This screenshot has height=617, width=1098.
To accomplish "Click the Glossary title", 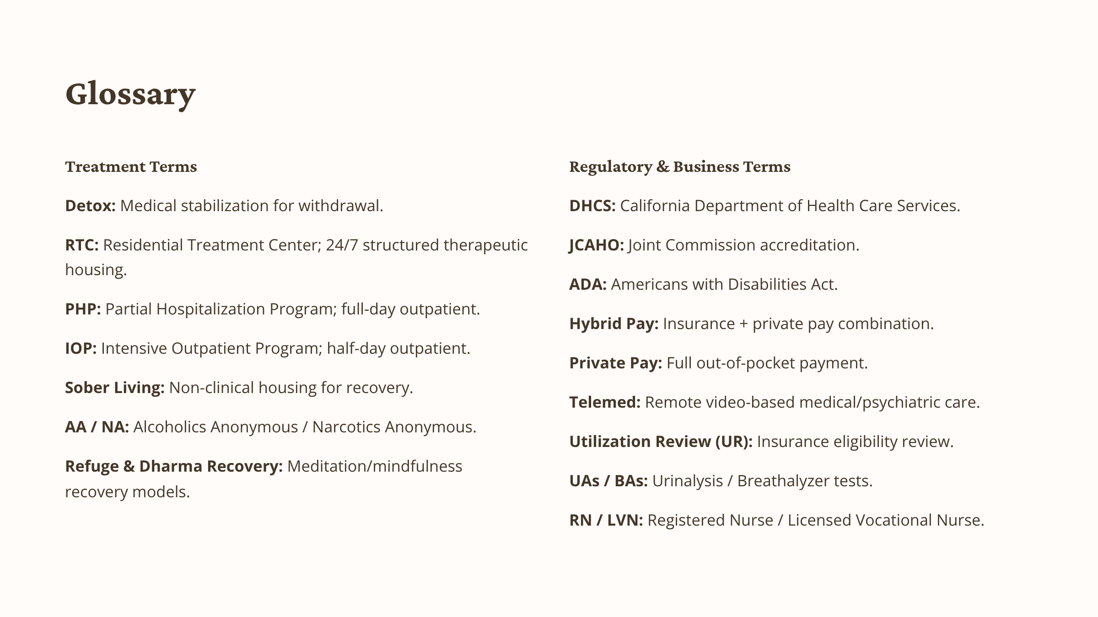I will pyautogui.click(x=130, y=94).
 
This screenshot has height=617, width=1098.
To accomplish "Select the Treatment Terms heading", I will pyautogui.click(x=131, y=166).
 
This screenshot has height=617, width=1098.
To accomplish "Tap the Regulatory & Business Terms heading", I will pyautogui.click(x=679, y=166).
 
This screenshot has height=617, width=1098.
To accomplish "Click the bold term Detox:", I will pyautogui.click(x=90, y=206).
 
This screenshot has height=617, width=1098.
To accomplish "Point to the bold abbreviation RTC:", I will pyautogui.click(x=82, y=245).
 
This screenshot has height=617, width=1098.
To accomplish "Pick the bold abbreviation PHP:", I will pyautogui.click(x=83, y=309).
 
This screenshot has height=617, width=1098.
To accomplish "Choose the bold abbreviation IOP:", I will pyautogui.click(x=81, y=348).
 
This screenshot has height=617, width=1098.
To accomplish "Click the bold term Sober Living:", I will pyautogui.click(x=115, y=388).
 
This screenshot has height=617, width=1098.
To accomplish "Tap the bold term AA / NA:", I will pyautogui.click(x=97, y=427).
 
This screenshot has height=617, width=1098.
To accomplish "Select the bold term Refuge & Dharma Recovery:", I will pyautogui.click(x=174, y=466).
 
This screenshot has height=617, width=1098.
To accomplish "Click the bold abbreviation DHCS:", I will pyautogui.click(x=592, y=206).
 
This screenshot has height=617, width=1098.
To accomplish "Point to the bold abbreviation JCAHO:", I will pyautogui.click(x=597, y=245).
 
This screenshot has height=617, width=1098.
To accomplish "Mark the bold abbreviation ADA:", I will pyautogui.click(x=588, y=284).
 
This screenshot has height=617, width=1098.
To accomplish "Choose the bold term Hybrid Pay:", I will pyautogui.click(x=614, y=324).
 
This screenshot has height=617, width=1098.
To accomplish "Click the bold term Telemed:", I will pyautogui.click(x=605, y=402).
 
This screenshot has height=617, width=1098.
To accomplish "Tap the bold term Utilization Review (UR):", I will pyautogui.click(x=661, y=441).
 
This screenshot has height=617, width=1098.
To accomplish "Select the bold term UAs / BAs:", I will pyautogui.click(x=608, y=481).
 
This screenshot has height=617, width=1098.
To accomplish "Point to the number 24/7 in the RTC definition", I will pyautogui.click(x=342, y=245).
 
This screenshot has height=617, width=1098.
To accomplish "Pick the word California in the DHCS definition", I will pyautogui.click(x=655, y=206).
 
